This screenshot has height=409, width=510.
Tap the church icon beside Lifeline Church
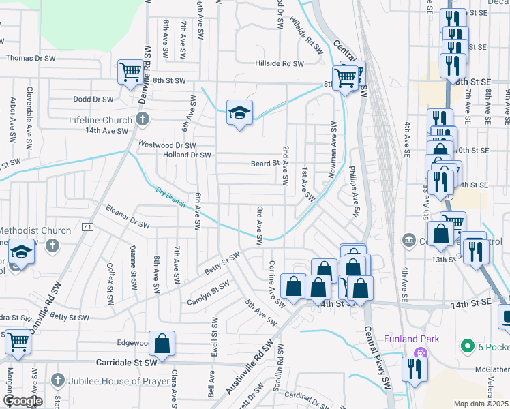tap(142, 120)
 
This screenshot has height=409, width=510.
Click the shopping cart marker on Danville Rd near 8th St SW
tap(130, 72)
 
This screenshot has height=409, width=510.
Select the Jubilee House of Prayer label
tap(119, 380)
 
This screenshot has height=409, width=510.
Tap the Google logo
tap(22, 400)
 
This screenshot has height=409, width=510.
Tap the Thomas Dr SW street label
tap(31, 58)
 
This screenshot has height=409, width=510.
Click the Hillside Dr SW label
tap(279, 63)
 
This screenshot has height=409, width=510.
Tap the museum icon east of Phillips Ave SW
tap(408, 239)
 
